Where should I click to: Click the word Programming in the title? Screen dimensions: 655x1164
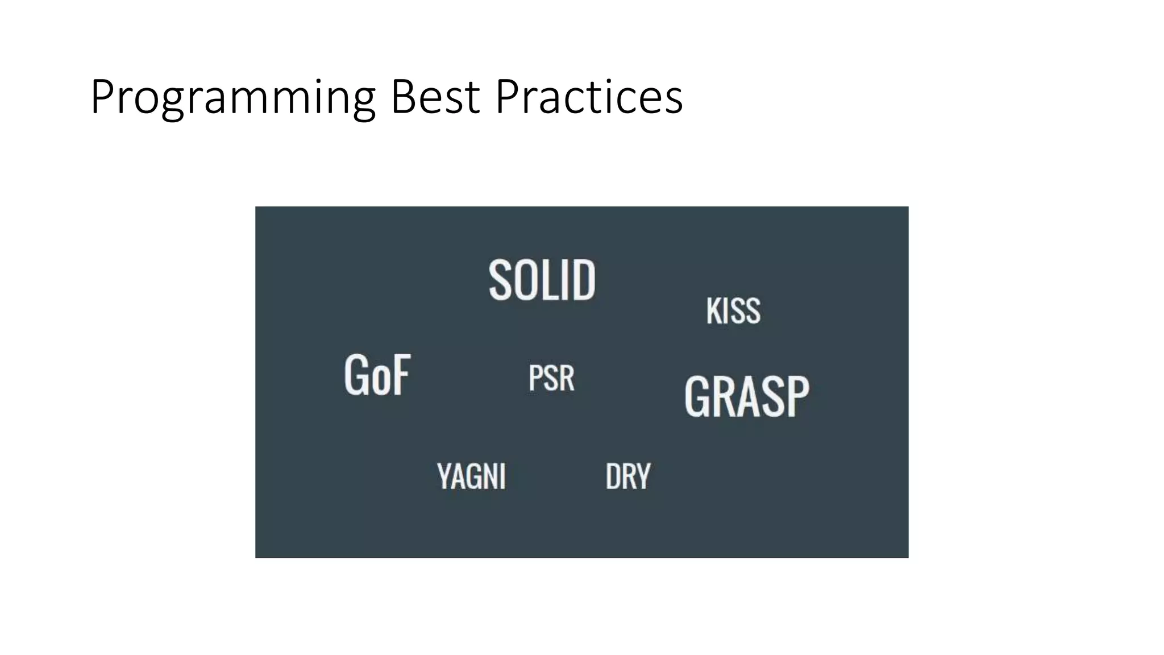(232, 98)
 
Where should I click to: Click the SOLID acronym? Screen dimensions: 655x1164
(542, 280)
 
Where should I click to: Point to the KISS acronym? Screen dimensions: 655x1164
(733, 311)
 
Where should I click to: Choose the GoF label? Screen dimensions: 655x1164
(377, 375)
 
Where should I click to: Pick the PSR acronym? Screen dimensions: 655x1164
(551, 378)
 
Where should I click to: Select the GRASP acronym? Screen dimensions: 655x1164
(747, 396)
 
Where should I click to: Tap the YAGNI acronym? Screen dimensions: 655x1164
(471, 476)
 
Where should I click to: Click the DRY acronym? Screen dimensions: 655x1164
(627, 476)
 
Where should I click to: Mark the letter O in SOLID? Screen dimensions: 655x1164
(524, 280)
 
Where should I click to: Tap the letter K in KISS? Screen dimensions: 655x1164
(713, 311)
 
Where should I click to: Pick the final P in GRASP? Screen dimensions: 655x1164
(797, 396)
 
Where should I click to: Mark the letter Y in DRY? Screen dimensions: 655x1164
(643, 476)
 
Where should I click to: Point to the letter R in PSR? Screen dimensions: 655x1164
(566, 378)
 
